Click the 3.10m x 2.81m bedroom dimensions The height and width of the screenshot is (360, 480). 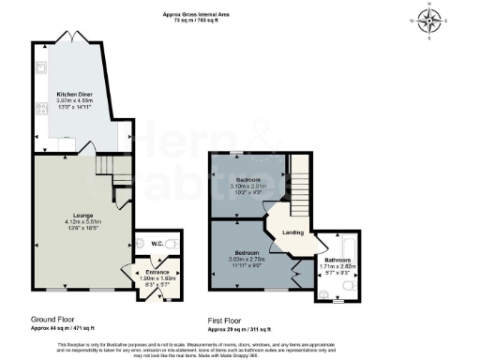tap(249, 186)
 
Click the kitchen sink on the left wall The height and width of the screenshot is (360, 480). tap(39, 68)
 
